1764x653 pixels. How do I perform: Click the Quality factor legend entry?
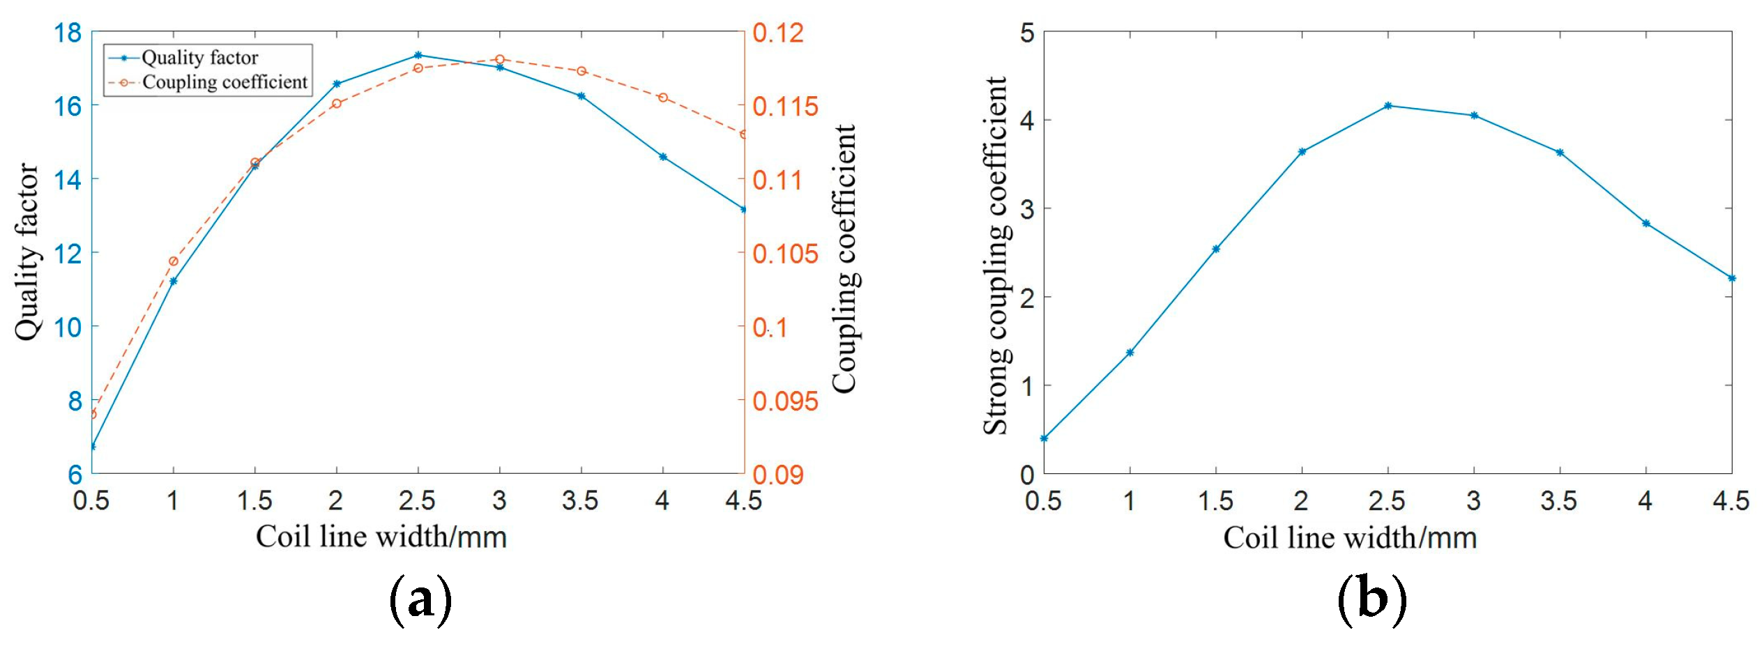[x=199, y=58]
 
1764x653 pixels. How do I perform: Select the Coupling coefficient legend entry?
[x=225, y=82]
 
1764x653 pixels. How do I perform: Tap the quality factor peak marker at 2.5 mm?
[x=418, y=55]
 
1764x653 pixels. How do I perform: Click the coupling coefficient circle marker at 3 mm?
[x=500, y=60]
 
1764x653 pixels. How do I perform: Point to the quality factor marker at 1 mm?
[x=174, y=281]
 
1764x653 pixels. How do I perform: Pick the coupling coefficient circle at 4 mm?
[x=663, y=98]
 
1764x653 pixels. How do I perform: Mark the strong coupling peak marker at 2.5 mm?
[x=1388, y=106]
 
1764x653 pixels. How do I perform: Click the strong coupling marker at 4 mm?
[x=1646, y=224]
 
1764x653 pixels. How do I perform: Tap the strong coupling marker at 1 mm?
[x=1130, y=353]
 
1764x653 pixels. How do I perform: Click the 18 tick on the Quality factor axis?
[x=68, y=33]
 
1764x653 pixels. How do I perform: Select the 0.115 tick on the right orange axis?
[x=785, y=107]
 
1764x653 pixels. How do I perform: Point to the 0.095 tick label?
[x=785, y=401]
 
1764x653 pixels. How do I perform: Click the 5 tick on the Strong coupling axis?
[x=1027, y=33]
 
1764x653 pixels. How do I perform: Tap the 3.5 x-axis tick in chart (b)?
[x=1559, y=500]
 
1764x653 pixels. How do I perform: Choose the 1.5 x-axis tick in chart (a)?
[x=254, y=500]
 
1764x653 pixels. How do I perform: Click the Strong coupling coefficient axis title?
[x=996, y=256]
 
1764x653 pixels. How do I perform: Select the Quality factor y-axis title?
[x=28, y=252]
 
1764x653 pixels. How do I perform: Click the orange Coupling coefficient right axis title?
[x=845, y=259]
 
